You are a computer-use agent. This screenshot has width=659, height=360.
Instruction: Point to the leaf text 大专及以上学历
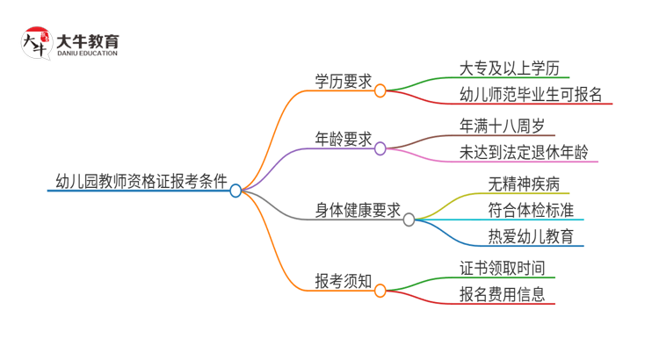(x=509, y=68)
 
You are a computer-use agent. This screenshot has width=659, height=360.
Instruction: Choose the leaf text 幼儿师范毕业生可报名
(x=530, y=95)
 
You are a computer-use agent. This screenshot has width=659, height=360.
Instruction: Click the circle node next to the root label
(x=235, y=191)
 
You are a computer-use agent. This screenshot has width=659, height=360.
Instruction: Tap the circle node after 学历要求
(x=380, y=89)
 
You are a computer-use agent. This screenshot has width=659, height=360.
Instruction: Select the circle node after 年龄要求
(x=380, y=148)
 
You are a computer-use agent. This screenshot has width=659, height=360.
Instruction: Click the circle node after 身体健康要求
(x=409, y=220)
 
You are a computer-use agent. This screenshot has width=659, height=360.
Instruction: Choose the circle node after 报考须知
(x=380, y=291)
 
